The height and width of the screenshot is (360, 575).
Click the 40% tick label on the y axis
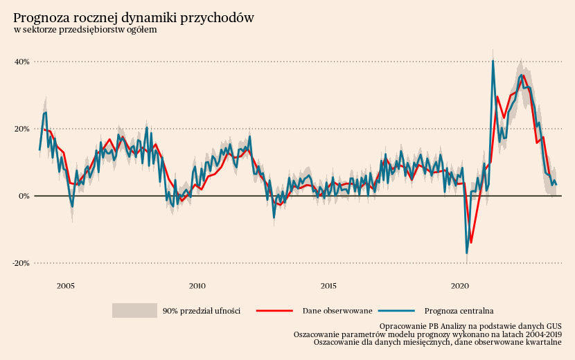click(21, 62)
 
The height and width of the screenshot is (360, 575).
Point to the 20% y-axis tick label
click(21, 129)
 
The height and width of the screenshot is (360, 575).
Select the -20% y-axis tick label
click(20, 263)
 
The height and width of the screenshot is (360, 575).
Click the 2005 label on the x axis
click(66, 286)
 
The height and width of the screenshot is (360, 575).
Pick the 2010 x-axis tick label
click(197, 286)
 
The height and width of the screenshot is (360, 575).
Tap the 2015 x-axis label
click(328, 286)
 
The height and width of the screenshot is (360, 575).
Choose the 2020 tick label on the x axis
click(460, 286)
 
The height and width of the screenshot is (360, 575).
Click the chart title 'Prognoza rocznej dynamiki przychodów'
click(134, 18)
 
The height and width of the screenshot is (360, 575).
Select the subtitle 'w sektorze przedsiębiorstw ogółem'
click(85, 30)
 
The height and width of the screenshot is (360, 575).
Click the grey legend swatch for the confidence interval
click(134, 310)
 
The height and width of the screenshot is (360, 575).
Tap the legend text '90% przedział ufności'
click(201, 311)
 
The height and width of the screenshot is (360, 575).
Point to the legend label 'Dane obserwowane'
click(337, 311)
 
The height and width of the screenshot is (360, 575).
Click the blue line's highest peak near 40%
click(493, 61)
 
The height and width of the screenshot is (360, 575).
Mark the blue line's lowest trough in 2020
click(467, 253)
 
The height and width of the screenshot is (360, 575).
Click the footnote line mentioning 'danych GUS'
click(470, 325)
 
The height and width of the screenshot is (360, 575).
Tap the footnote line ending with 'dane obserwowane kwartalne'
click(437, 341)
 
